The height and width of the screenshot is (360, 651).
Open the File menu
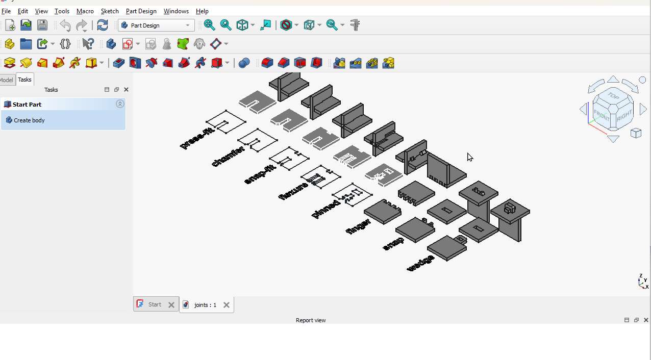tap(6, 11)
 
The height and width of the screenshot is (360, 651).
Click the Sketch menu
tap(110, 11)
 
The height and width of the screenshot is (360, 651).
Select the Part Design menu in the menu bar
tap(141, 11)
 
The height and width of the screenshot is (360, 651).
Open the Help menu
tap(202, 11)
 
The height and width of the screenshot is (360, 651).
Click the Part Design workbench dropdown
tap(156, 25)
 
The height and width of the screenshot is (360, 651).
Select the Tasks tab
tap(24, 80)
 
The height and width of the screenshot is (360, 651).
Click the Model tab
tap(7, 80)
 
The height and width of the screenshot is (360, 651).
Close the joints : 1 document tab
tap(227, 305)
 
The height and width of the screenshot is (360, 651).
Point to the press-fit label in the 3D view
tap(197, 139)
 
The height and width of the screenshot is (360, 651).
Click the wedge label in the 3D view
tap(421, 263)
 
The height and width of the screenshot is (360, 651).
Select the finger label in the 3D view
tap(358, 226)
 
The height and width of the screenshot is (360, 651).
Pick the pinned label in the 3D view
tap(325, 209)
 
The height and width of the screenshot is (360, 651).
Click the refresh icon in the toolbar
tap(103, 25)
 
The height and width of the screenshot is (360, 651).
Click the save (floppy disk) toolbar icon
tap(42, 25)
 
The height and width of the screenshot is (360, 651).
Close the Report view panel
tap(646, 320)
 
